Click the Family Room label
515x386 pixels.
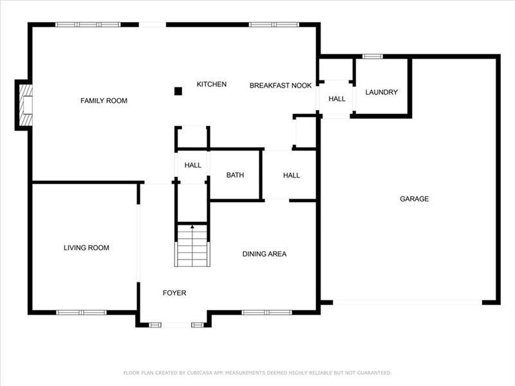[104, 101]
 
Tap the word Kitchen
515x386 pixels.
[212, 84]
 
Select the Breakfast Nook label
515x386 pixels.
[281, 86]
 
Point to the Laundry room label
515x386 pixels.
[381, 92]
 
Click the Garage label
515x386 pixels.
[414, 199]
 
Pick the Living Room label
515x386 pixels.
[86, 248]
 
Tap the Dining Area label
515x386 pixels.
[265, 254]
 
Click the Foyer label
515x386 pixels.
[174, 293]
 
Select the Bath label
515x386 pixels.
[235, 175]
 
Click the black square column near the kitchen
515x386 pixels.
[178, 91]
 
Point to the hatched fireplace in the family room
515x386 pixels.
[26, 105]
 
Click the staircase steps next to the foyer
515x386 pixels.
[192, 245]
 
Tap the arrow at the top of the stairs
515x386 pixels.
[192, 227]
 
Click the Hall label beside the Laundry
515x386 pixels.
[337, 99]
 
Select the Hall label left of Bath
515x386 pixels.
[192, 165]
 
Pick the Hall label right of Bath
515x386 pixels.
[292, 176]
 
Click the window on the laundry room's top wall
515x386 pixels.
[373, 57]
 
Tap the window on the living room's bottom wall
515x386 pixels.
[81, 313]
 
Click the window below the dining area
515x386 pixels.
[267, 313]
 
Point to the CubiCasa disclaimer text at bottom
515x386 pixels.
[257, 373]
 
